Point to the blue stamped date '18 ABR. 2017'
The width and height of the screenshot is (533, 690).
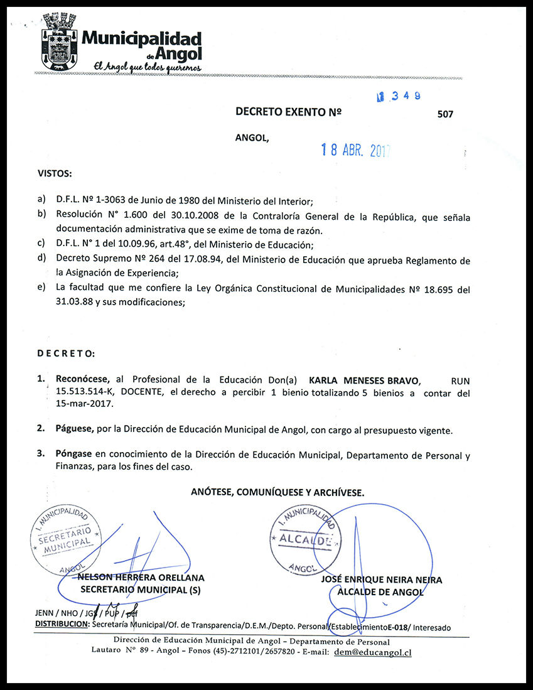[355, 150]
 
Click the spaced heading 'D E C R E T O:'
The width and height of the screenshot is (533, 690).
[66, 354]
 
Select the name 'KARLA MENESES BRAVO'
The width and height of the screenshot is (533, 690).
[365, 381]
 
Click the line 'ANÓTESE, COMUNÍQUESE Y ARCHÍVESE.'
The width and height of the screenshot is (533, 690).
[277, 493]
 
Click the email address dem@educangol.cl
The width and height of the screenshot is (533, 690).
[373, 652]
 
